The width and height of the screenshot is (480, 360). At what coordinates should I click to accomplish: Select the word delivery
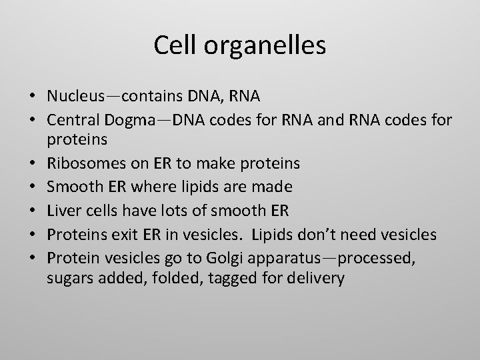(x=315, y=277)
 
